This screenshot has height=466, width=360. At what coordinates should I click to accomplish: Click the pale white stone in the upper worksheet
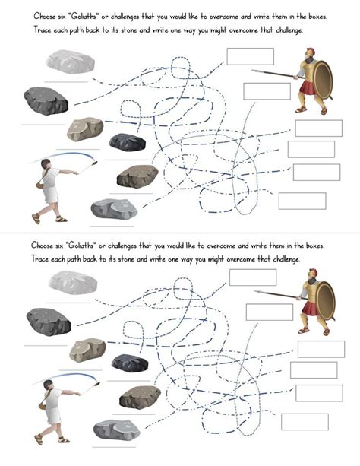[x=70, y=62]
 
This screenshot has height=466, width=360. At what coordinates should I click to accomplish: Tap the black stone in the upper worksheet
[x=128, y=142]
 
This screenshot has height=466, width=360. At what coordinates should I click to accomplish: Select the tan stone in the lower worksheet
[x=87, y=350]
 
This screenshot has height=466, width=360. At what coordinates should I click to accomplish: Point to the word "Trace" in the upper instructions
[x=43, y=30]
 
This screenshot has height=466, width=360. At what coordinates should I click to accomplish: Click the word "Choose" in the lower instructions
[x=42, y=246]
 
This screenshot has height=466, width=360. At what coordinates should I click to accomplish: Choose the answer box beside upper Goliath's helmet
[x=250, y=56]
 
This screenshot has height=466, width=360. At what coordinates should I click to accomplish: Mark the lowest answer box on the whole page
[x=305, y=422]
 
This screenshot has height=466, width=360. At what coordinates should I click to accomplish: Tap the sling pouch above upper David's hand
[x=95, y=163]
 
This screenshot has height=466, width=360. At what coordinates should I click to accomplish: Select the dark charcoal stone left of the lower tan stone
[x=49, y=322]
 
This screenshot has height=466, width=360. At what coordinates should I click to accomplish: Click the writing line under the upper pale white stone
[x=66, y=82]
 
